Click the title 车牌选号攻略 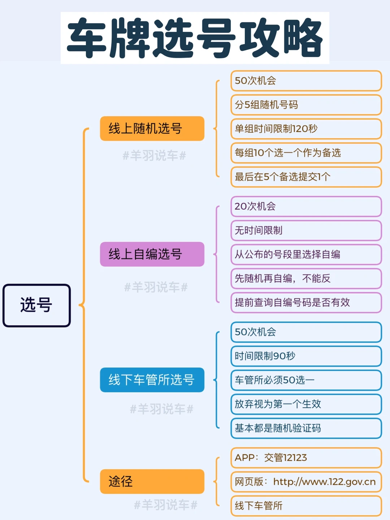pos(195,38)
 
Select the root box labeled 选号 pos(36,305)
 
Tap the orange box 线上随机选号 pos(152,129)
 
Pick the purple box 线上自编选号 pos(152,254)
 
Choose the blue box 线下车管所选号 pos(152,380)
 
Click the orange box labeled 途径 pos(152,481)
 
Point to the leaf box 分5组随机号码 pos(306,105)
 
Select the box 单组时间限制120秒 pos(306,129)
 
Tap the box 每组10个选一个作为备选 pos(306,153)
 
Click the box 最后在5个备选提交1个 pos(306,177)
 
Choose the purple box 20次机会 pos(306,207)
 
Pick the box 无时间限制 pos(306,230)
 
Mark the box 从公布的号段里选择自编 pos(306,255)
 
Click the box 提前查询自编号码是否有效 pos(306,303)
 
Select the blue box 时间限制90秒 pos(306,356)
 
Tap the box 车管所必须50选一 pos(306,380)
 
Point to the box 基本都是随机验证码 pos(306,428)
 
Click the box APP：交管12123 pos(306,458)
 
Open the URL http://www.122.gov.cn pos(324,482)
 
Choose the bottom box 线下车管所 pos(306,506)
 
